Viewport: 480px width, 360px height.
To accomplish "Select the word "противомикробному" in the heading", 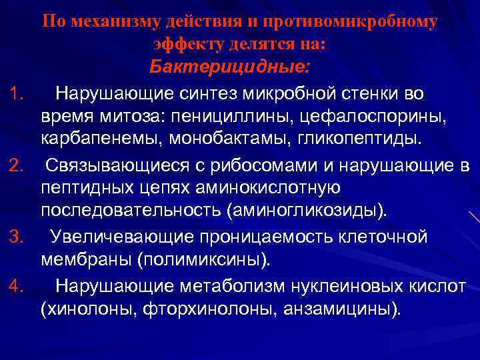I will pos(354,21).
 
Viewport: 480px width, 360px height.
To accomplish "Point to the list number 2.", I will pos(19,165).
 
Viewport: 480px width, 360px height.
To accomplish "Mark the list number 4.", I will pos(18,287).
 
